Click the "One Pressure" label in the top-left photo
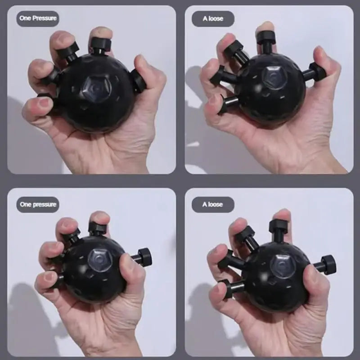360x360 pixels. point(38,18)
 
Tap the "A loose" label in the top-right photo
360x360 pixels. point(213,19)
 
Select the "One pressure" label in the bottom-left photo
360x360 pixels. point(38,204)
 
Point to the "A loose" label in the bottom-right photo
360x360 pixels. point(213,204)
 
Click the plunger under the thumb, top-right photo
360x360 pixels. point(315,72)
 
